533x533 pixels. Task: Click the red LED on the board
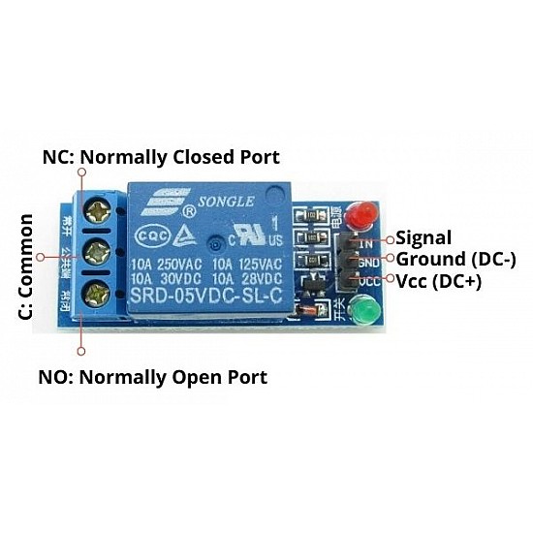(x=362, y=214)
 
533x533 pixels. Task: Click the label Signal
(x=424, y=237)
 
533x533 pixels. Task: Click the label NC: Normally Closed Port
(x=161, y=157)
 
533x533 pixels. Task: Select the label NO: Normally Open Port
(x=152, y=376)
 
